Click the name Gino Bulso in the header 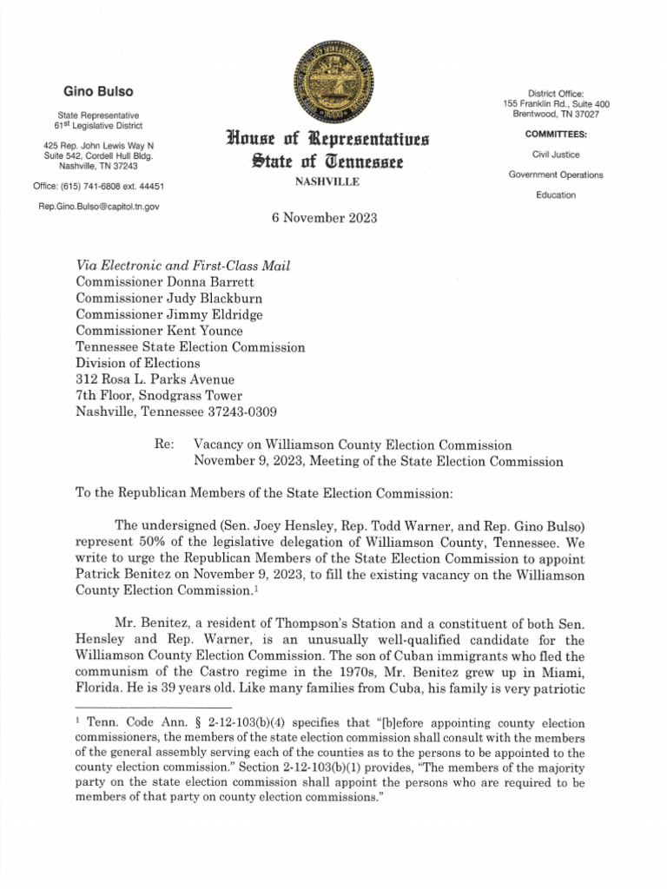[x=97, y=91]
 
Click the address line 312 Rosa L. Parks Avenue [x=155, y=380]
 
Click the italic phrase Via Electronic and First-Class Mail [x=183, y=265]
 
